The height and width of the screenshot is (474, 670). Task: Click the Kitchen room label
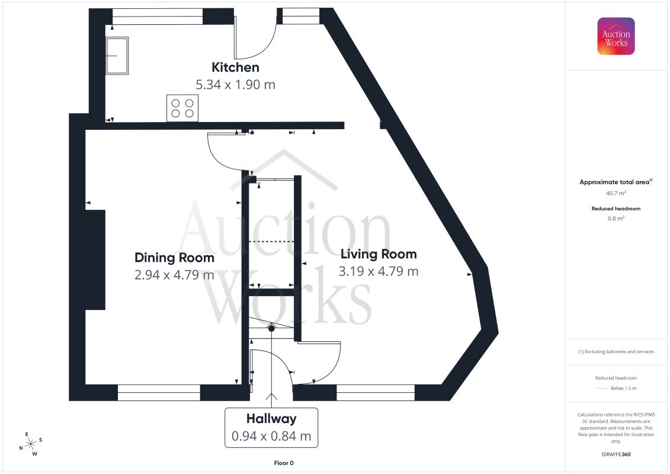coord(235,67)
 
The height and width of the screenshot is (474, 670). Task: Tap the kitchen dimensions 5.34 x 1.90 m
coord(235,85)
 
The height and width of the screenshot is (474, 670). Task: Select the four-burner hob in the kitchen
coord(182,108)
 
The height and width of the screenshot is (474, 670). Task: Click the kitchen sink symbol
coord(117,56)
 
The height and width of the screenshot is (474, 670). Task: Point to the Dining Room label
coord(174,258)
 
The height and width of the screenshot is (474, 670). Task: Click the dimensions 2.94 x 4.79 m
coord(174,275)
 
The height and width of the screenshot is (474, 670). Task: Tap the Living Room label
coord(379,254)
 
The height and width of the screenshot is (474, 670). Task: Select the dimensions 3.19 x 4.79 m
coord(379,271)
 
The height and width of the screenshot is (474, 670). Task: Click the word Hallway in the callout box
coord(271,419)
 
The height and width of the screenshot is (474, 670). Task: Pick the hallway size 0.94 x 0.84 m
coord(271,436)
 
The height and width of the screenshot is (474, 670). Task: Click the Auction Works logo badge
coord(615,36)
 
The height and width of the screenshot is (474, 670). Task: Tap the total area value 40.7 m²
coord(615,193)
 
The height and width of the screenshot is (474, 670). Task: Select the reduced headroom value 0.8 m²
coord(615,219)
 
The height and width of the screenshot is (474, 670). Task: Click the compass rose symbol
coord(31,444)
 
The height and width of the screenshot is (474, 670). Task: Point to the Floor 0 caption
coord(284,463)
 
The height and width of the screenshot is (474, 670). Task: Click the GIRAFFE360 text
coord(615,454)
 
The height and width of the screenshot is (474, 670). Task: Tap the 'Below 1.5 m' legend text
coord(623,389)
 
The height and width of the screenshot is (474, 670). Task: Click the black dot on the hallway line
coord(271,329)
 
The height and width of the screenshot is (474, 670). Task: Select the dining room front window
coord(159,393)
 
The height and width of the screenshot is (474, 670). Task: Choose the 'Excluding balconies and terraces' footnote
coord(615,352)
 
